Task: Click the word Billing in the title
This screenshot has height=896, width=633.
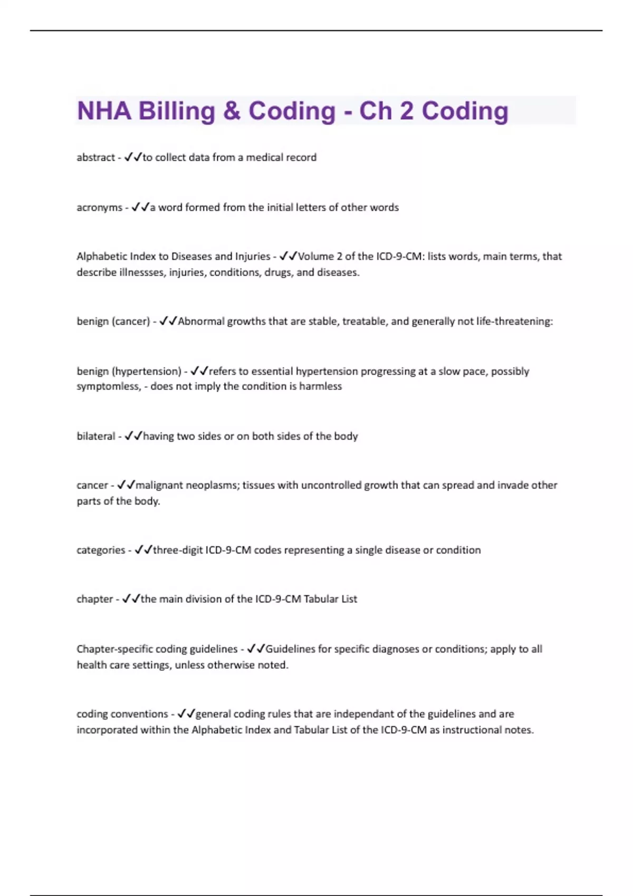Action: coord(177,111)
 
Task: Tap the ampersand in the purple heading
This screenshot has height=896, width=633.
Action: coord(232,111)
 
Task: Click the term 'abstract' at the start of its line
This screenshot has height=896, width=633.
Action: coord(95,157)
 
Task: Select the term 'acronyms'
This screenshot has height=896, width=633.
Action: coord(99,207)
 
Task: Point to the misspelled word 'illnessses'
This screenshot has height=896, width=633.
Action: coord(142,272)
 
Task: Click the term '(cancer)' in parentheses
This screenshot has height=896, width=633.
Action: coord(131,321)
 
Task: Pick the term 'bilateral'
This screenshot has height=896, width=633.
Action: coord(95,436)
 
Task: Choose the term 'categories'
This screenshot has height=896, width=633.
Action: coord(101,550)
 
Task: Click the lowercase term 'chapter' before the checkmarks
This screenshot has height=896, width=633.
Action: coord(94,599)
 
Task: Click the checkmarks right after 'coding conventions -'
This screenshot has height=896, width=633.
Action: coord(186,714)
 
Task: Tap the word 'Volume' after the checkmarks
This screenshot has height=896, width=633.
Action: coord(315,256)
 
